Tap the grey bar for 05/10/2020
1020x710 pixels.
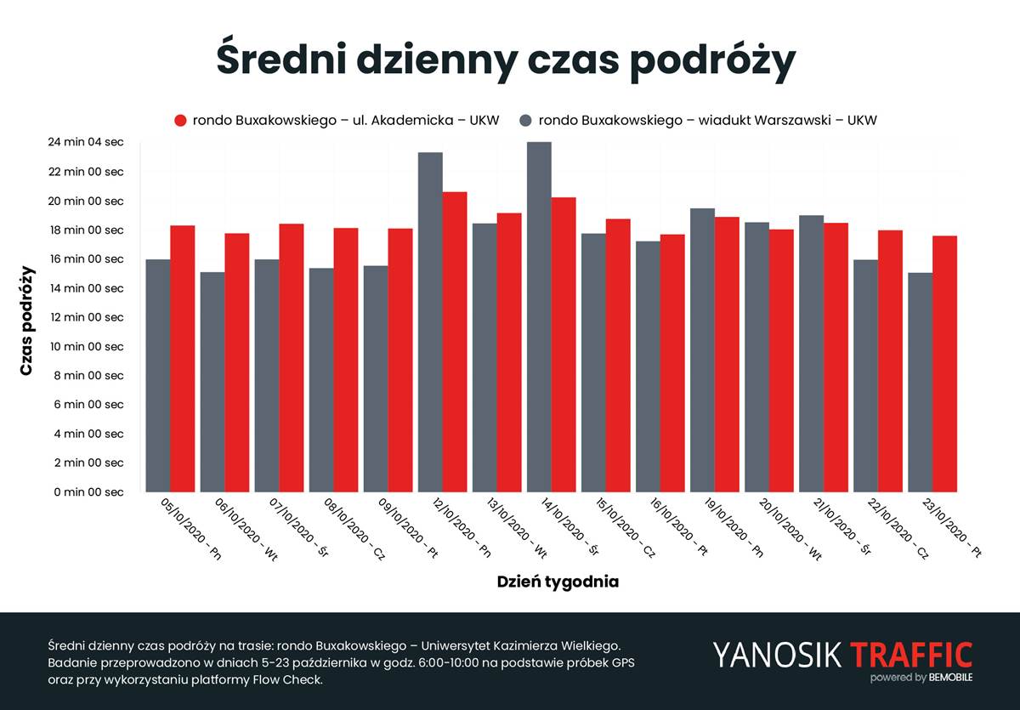pyautogui.click(x=158, y=375)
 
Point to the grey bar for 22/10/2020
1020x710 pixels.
pyautogui.click(x=865, y=375)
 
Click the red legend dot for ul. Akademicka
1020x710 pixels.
pyautogui.click(x=180, y=121)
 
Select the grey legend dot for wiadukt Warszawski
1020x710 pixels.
pyautogui.click(x=526, y=121)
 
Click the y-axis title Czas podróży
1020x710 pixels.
pyautogui.click(x=27, y=321)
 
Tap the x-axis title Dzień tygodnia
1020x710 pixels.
pyautogui.click(x=558, y=582)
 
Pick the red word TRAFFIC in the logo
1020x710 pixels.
pyautogui.click(x=910, y=655)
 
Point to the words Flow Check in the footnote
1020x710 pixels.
pyautogui.click(x=282, y=680)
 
